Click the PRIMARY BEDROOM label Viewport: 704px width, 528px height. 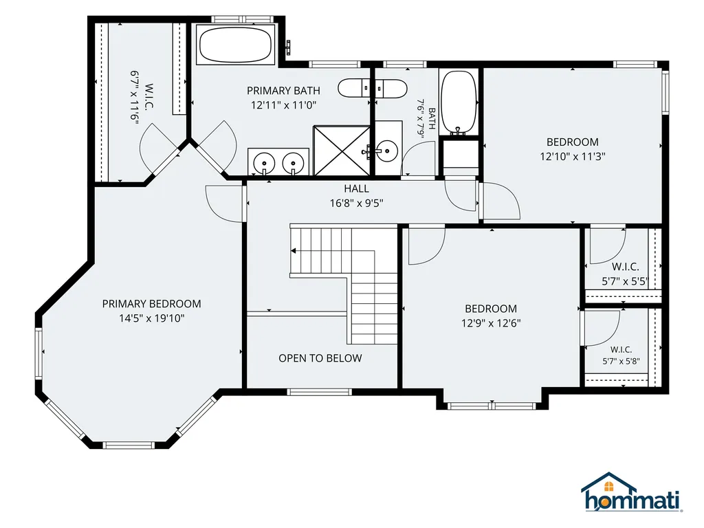tap(152, 304)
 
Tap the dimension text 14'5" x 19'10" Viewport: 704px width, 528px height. tap(152, 318)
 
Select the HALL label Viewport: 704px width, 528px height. tap(357, 188)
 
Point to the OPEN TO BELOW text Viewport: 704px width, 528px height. tap(320, 358)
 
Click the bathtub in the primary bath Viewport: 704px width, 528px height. tap(235, 45)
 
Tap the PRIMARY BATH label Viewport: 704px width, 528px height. tap(284, 91)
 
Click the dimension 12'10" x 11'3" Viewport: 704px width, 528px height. tap(573, 156)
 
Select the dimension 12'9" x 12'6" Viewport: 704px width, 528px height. tap(491, 323)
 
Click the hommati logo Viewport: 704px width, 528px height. tap(632, 492)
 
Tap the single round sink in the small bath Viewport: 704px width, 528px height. tap(386, 149)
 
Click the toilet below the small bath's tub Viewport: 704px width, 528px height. tap(460, 157)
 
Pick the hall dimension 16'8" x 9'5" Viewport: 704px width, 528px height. tap(357, 203)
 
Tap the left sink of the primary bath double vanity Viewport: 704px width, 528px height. tap(265, 162)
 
